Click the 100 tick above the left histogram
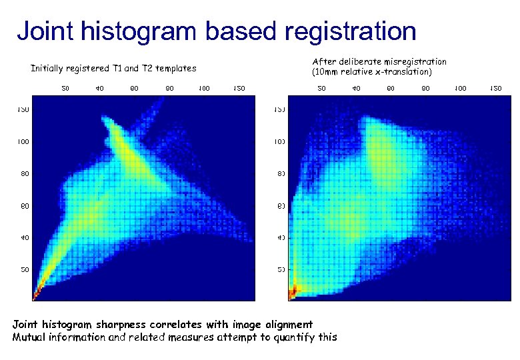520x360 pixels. point(204,87)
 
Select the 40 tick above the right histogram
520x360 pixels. point(356,87)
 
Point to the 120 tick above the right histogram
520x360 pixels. point(495,87)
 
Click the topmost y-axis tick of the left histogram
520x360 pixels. point(23,109)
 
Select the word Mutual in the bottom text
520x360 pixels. point(30,337)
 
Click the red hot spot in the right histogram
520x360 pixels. point(292,292)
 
